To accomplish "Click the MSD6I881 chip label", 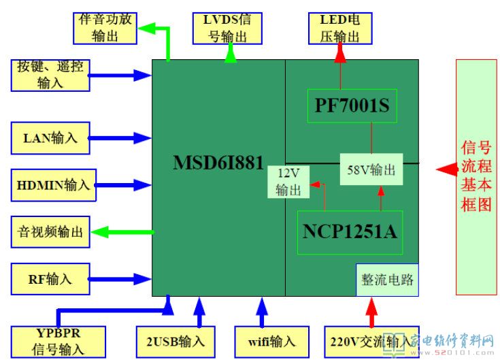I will click(x=218, y=163).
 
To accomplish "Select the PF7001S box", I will click(x=352, y=105).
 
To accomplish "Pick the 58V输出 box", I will click(x=371, y=170).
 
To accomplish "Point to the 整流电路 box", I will click(x=387, y=280).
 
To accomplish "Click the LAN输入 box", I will click(x=50, y=138).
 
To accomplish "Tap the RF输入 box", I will click(x=50, y=278).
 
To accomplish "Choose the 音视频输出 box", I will click(x=50, y=232).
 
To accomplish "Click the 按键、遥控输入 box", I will click(x=50, y=75).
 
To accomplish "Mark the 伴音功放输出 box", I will click(x=104, y=28).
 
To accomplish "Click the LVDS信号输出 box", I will click(x=227, y=28).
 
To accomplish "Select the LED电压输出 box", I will click(x=340, y=28).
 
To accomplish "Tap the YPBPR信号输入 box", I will click(x=59, y=342).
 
